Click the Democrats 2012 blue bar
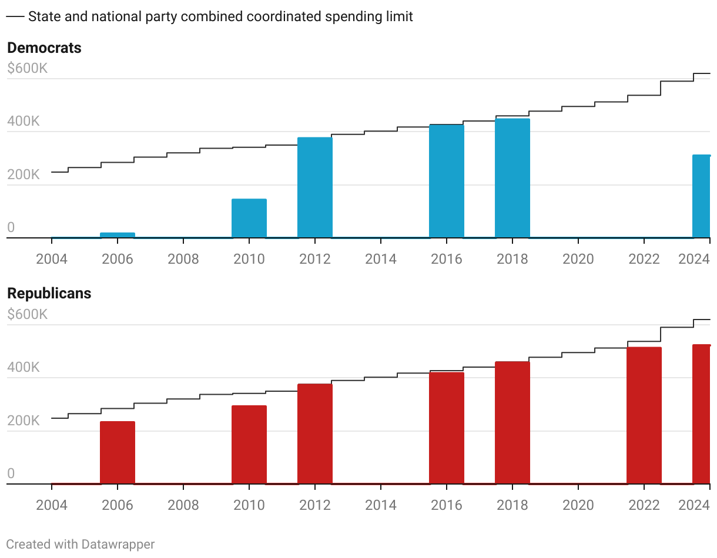315,187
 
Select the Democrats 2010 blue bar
249,219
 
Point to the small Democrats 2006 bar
118,235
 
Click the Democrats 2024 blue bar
702,196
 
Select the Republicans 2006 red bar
118,452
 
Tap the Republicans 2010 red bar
249,445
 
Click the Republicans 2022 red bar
644,415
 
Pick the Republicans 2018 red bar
512,422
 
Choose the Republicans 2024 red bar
702,414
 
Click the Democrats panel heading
44,48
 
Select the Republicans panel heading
49,294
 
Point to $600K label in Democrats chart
28,69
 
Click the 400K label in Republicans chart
24,368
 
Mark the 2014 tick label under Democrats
381,259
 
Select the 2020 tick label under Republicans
578,505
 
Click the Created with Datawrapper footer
81,544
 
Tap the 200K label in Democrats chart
24,175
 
